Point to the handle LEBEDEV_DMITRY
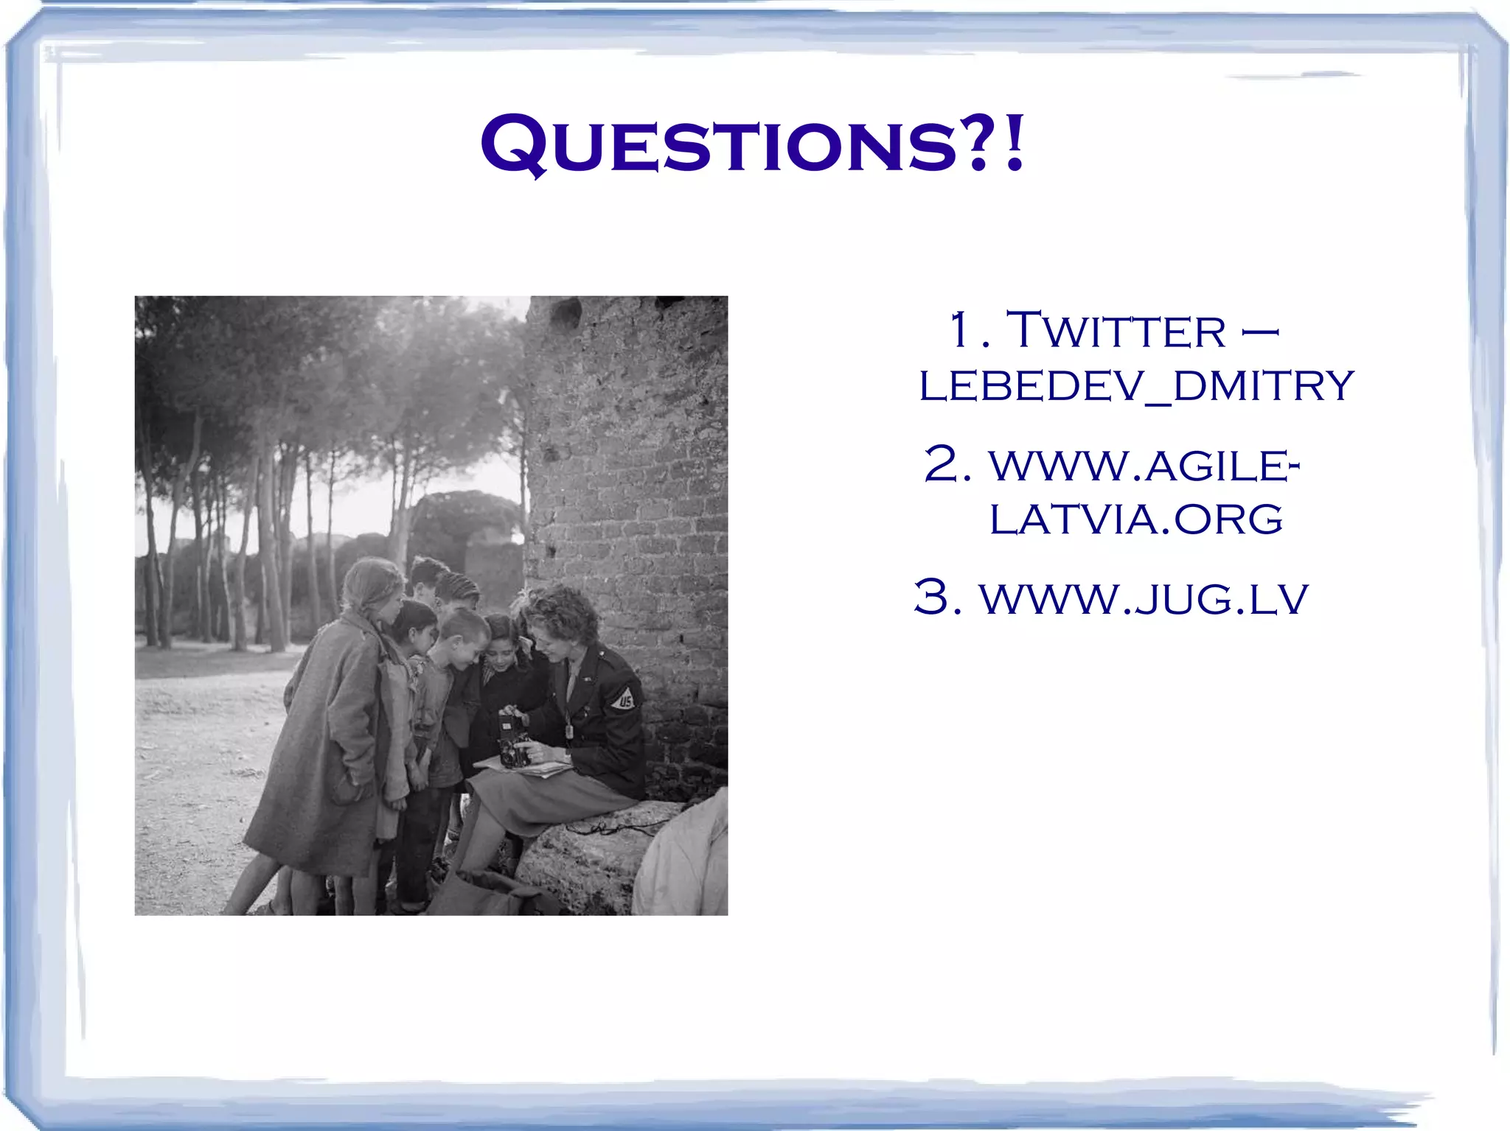coord(1136,385)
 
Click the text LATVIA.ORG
coord(1135,519)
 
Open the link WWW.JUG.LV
coord(1144,598)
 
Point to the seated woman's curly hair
coord(564,608)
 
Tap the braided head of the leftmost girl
coord(372,582)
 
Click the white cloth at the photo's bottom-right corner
coord(682,862)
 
